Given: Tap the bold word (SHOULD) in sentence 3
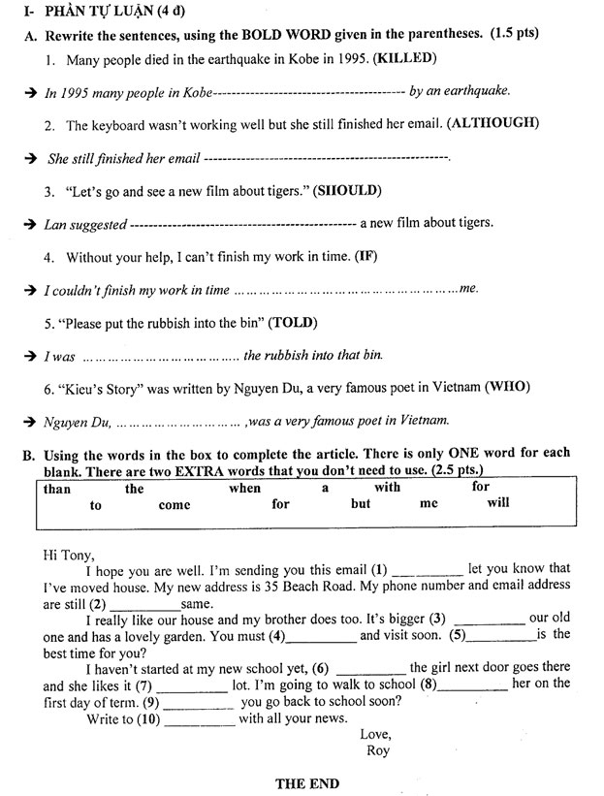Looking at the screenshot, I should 347,190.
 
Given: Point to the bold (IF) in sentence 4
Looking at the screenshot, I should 366,257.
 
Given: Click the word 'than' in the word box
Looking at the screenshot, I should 57,489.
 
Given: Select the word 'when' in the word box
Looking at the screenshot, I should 244,489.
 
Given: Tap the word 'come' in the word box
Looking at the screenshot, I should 175,505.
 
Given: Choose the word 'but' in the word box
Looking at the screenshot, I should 361,504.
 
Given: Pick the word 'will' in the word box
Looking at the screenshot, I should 498,503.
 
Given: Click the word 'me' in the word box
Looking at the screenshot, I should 429,504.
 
